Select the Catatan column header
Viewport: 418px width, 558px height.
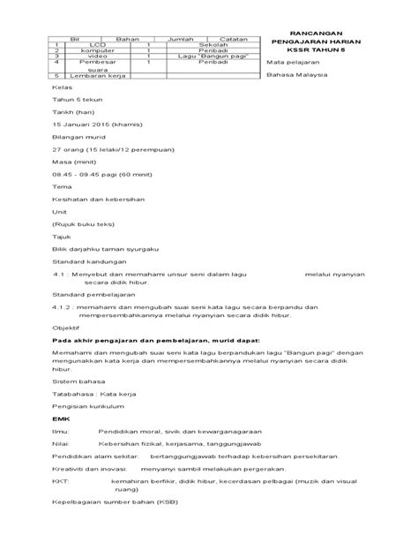(x=232, y=39)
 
